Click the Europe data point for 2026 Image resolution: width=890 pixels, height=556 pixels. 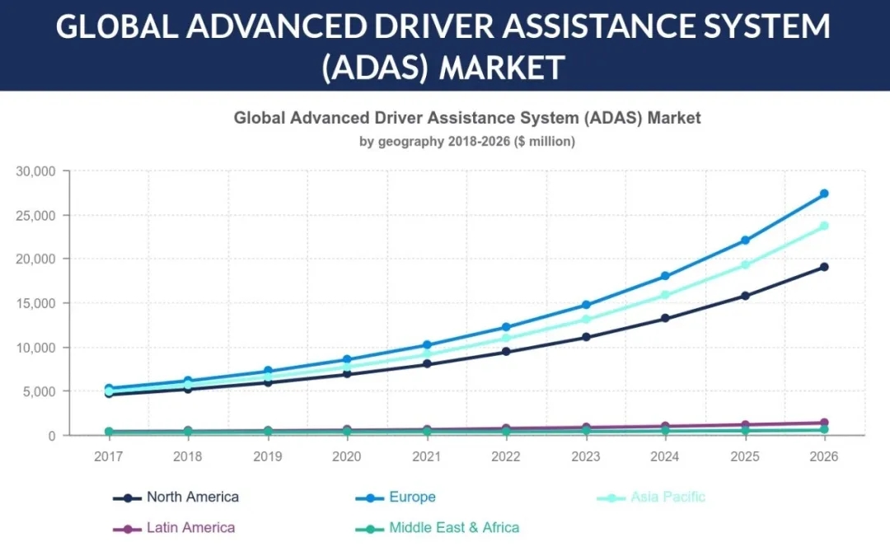(x=823, y=194)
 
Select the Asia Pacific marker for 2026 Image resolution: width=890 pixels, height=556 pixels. (x=823, y=226)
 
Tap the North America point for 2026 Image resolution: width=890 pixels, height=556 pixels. (x=823, y=267)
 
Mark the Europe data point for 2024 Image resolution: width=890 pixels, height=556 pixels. (x=664, y=276)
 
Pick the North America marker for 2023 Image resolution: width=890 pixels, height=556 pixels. (x=585, y=337)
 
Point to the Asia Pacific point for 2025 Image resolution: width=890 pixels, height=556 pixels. (x=744, y=264)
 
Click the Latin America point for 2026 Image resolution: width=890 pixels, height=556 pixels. (x=823, y=423)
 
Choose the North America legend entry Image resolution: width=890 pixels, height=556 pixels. (x=176, y=498)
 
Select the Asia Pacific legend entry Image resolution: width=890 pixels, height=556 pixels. (x=651, y=498)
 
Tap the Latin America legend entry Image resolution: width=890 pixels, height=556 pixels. (x=175, y=528)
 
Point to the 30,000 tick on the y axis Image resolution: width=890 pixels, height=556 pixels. (x=35, y=171)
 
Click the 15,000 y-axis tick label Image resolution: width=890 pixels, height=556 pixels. (x=35, y=303)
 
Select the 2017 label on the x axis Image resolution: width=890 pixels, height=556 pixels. (x=109, y=456)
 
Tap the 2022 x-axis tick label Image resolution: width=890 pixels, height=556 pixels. (x=506, y=456)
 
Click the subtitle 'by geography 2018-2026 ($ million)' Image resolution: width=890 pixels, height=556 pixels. (x=467, y=142)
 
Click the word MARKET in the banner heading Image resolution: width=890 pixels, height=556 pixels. (x=502, y=67)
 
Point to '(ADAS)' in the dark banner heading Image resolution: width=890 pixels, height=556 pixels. (x=374, y=67)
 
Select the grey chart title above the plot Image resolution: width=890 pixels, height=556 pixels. (x=467, y=118)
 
